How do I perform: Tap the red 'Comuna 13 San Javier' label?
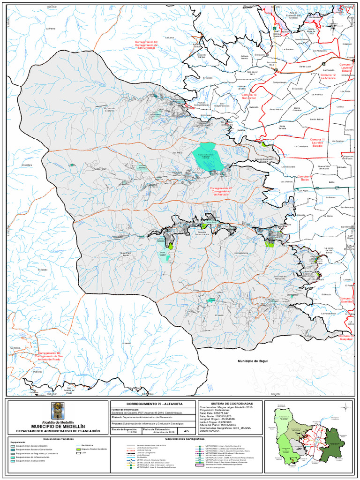pos(248,97)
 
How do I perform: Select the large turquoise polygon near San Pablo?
pos(208,157)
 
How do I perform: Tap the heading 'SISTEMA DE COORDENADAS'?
pos(232,403)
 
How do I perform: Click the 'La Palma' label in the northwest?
pos(51,29)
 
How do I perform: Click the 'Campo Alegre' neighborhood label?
pos(279,82)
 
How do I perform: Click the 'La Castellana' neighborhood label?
pos(300,147)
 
